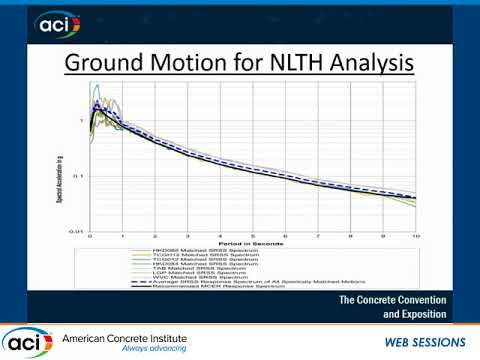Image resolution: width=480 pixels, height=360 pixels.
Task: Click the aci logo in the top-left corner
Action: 51,24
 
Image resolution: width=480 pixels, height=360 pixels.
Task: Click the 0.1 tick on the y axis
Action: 80,176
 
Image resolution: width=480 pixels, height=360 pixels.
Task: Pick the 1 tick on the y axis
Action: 82,121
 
